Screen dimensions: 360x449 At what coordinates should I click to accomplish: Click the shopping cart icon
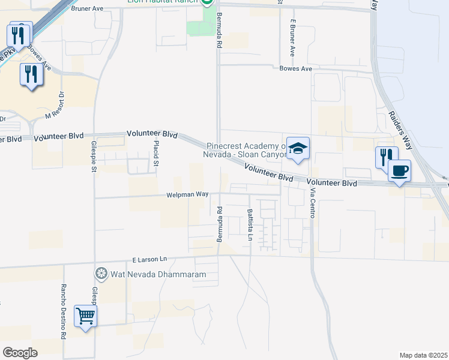(85, 316)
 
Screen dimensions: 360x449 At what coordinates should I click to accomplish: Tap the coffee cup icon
(399, 170)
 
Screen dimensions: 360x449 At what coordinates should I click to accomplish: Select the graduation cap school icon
(297, 149)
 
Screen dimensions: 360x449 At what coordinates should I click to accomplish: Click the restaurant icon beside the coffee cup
(385, 157)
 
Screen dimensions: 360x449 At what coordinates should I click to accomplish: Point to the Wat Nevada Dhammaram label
(158, 275)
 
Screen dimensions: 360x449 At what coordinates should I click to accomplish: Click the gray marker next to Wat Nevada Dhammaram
(101, 274)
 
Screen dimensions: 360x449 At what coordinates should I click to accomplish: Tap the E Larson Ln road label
(149, 260)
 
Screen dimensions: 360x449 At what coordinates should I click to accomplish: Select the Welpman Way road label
(187, 194)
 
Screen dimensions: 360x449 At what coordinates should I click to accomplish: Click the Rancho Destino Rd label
(62, 311)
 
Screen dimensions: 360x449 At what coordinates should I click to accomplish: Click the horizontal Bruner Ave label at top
(87, 9)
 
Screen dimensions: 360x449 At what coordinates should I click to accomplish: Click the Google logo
(20, 353)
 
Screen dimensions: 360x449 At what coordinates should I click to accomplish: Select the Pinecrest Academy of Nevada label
(246, 149)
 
